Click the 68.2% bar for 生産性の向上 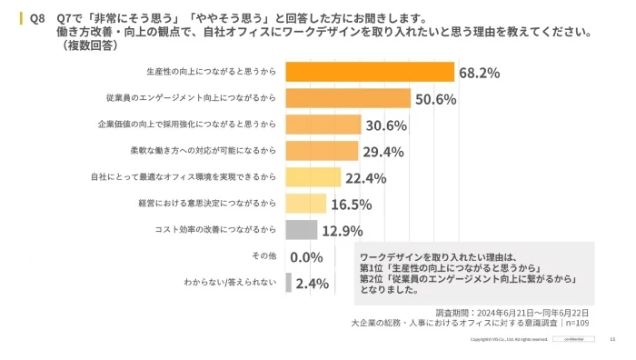tap(370, 72)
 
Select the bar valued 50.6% tap(348, 98)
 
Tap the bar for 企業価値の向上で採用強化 tap(323, 125)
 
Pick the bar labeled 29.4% tap(322, 151)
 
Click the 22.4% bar tap(313, 177)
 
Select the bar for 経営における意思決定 tap(306, 204)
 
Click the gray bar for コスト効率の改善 tap(302, 230)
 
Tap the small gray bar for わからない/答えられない tap(289, 283)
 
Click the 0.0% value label tap(307, 257)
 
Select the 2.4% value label tap(312, 284)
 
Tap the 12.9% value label tap(342, 231)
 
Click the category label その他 tap(263, 256)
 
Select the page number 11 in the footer tap(611, 339)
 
